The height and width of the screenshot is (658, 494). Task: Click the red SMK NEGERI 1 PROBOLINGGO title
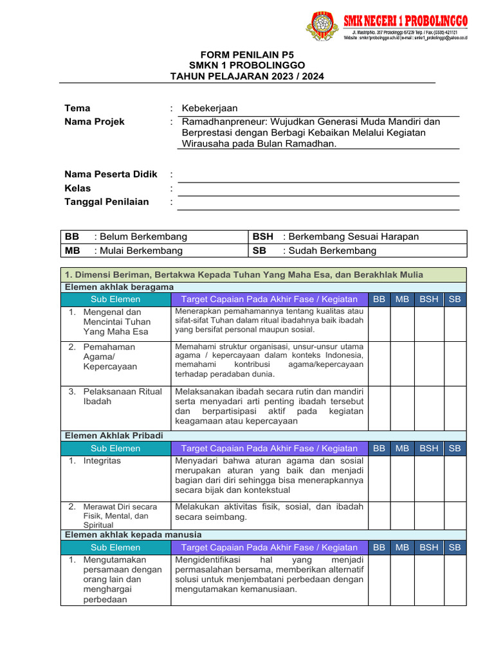tap(405, 21)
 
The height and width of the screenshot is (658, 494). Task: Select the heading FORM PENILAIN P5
tap(247, 55)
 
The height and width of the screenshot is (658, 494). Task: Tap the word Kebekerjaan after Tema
tap(210, 108)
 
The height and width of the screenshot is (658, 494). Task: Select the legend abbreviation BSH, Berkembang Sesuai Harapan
tap(263, 236)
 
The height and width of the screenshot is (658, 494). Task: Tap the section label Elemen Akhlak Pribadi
tap(114, 436)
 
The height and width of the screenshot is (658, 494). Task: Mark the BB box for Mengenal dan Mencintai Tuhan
tap(380, 323)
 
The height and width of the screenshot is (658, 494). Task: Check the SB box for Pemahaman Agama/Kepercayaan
tap(455, 363)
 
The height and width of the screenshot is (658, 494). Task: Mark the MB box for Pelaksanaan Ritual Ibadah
tap(403, 407)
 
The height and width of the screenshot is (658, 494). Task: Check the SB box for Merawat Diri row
tap(455, 515)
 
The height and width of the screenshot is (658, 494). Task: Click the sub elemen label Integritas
tap(102, 461)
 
